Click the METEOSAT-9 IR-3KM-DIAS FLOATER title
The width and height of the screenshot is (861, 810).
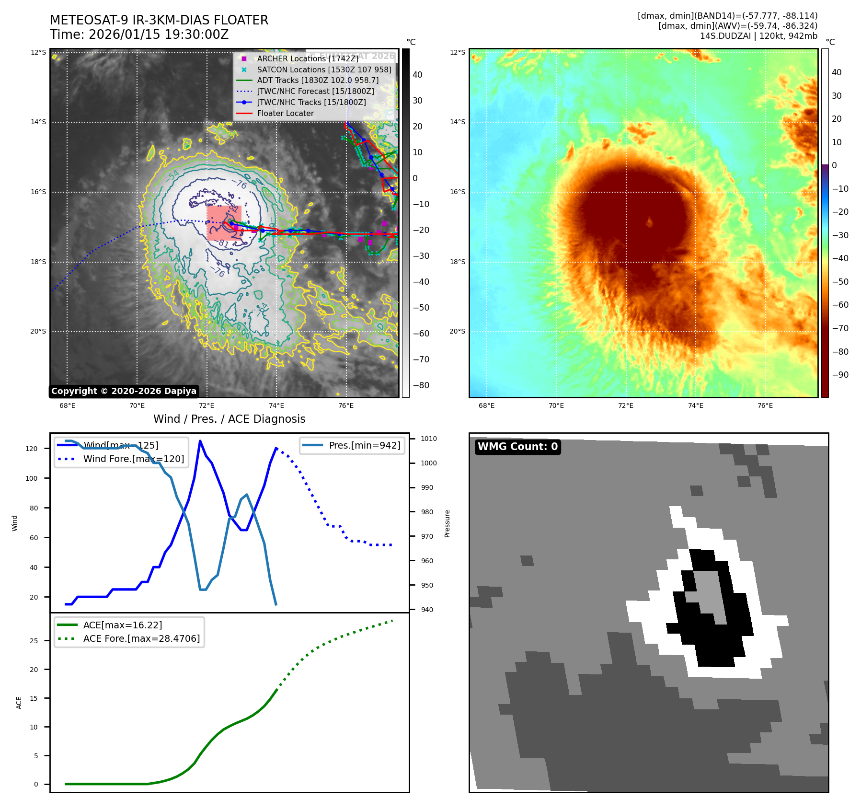tap(159, 20)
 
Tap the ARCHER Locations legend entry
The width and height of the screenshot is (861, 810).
tap(307, 58)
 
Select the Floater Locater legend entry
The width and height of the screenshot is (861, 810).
tap(285, 113)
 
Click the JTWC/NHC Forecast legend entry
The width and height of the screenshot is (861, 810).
tap(315, 91)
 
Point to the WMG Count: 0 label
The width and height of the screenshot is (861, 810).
tap(517, 447)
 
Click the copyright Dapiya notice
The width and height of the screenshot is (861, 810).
tap(124, 391)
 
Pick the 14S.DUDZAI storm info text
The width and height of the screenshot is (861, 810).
tap(758, 36)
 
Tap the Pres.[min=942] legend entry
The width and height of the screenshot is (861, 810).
tap(364, 445)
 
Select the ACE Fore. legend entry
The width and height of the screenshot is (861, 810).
tap(141, 638)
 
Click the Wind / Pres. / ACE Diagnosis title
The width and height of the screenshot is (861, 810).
tap(229, 419)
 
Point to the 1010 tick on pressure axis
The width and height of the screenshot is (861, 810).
tap(428, 439)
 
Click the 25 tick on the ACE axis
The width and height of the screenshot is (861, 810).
tap(34, 641)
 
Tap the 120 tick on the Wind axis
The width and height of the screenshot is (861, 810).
tap(32, 449)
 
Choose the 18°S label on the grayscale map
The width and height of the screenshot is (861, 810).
tap(38, 262)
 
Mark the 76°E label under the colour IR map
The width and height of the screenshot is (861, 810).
tap(765, 405)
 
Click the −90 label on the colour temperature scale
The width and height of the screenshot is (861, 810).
tap(840, 375)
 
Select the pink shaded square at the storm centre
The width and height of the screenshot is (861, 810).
tap(224, 223)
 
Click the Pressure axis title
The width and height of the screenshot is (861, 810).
tap(447, 523)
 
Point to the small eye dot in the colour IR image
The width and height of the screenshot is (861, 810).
tap(650, 222)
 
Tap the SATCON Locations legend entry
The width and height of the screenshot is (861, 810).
tap(324, 69)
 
